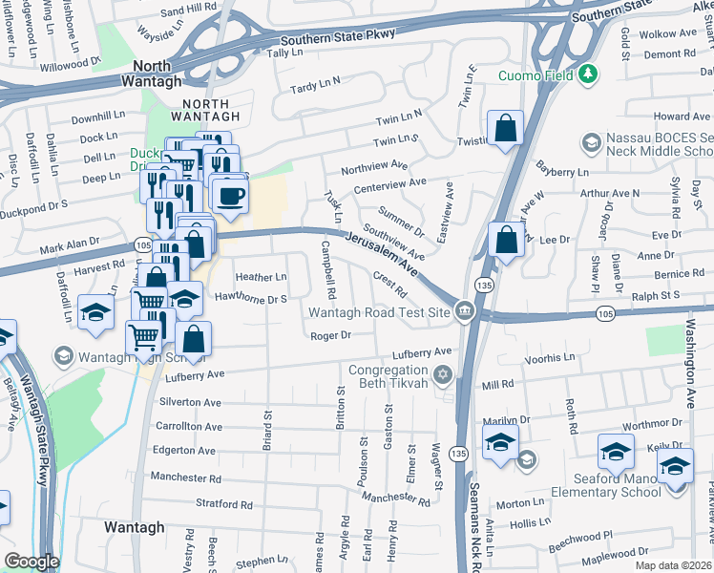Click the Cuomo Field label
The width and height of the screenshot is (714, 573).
(x=537, y=75)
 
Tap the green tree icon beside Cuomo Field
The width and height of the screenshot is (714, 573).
(x=588, y=74)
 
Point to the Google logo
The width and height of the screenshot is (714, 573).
(x=31, y=562)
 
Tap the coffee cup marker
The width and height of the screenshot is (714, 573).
(x=228, y=197)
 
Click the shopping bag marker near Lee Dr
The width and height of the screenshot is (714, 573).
(x=506, y=240)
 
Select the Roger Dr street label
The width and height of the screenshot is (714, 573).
(x=330, y=335)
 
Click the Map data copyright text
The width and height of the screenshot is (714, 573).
(x=673, y=565)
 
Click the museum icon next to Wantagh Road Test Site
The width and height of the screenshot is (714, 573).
(x=464, y=309)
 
